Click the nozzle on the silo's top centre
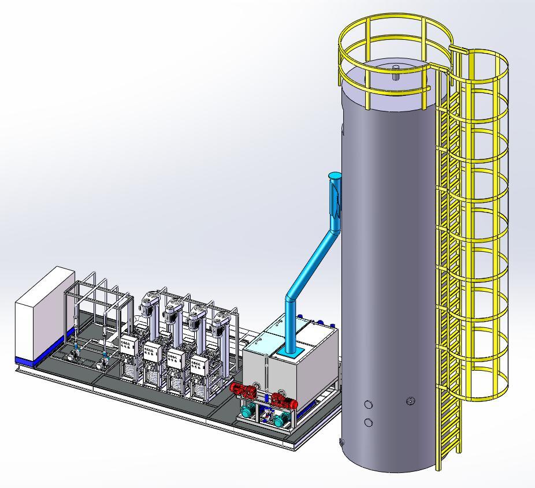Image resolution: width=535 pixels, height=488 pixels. click(x=396, y=72)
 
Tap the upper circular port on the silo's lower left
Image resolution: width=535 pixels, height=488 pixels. click(x=369, y=405)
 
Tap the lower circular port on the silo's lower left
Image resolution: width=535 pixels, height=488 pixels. click(x=369, y=423)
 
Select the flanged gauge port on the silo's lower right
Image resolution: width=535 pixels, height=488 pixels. click(x=411, y=400)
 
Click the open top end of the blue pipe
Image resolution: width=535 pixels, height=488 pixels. click(x=335, y=175)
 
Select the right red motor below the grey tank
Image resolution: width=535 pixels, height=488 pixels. click(x=283, y=400)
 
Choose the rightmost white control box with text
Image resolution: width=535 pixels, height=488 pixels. click(x=199, y=364)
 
